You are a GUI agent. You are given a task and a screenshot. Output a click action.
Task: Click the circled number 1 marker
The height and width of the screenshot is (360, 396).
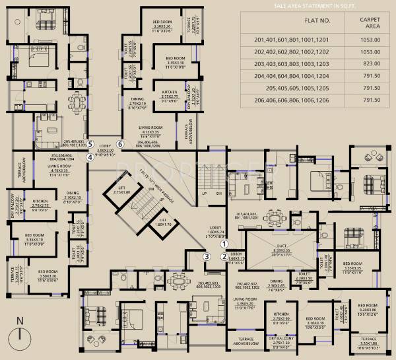point(224,243)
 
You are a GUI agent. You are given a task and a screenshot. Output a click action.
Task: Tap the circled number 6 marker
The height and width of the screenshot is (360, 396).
point(120,143)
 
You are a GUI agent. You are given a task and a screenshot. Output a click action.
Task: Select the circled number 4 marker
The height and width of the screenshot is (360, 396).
point(89,157)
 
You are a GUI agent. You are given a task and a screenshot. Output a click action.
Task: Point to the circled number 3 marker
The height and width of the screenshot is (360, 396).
point(207,257)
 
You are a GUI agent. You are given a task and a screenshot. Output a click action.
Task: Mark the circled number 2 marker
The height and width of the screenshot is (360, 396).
point(224,257)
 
